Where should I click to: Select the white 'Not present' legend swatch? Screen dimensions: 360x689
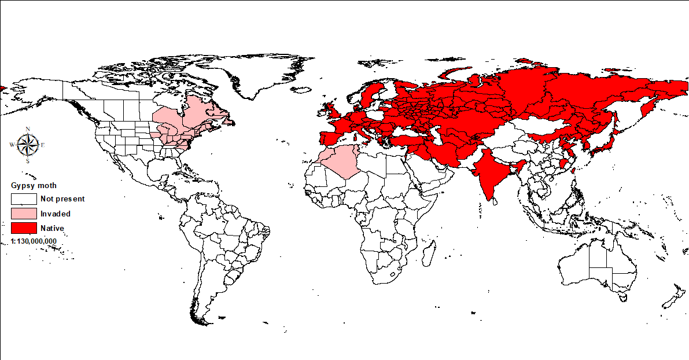(x=23, y=199)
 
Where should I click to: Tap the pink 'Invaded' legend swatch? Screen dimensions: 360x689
(x=23, y=214)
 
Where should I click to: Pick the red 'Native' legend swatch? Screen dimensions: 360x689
(x=23, y=228)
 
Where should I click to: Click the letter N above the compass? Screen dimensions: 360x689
(x=28, y=129)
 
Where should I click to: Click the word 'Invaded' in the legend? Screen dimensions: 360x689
(x=56, y=214)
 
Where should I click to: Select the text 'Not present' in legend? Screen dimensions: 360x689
(x=62, y=199)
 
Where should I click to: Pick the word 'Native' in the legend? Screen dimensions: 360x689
(x=52, y=228)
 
